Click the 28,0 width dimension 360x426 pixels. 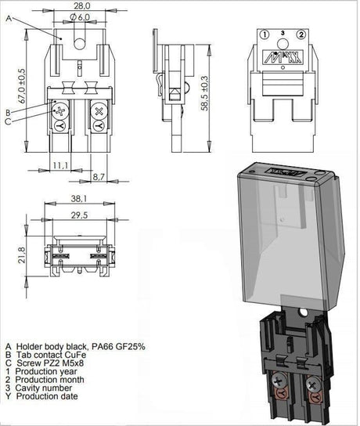(x=82, y=5)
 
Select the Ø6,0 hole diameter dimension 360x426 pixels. (x=80, y=17)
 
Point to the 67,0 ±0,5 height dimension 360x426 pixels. (x=22, y=86)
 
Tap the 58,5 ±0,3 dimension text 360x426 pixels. (x=204, y=93)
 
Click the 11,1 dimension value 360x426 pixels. (x=60, y=165)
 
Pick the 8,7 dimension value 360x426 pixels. (x=99, y=177)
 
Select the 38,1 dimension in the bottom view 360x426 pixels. (x=79, y=199)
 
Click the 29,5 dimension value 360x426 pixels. (x=79, y=215)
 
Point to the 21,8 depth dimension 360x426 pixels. (x=22, y=255)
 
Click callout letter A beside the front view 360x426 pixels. (x=9, y=19)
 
